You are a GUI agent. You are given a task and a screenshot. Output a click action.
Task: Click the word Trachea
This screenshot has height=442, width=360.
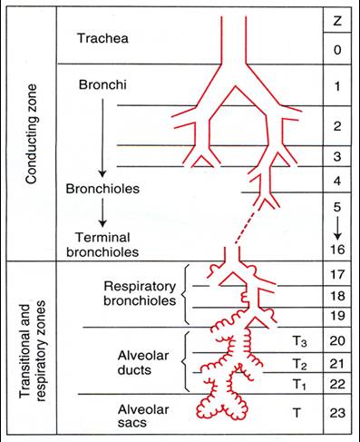coord(102,38)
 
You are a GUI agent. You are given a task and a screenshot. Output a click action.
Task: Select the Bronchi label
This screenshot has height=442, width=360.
coord(102,84)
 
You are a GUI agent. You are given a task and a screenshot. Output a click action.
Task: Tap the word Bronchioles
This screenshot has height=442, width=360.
coord(102,189)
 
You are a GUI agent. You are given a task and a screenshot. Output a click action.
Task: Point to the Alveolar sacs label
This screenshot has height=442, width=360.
coord(143,416)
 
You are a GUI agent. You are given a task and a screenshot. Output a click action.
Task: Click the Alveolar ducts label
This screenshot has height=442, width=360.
coord(143,362)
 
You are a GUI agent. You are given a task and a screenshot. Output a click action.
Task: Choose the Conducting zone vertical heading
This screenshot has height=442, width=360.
coord(32,134)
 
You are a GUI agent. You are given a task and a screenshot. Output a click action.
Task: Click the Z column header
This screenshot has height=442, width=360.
coord(337,21)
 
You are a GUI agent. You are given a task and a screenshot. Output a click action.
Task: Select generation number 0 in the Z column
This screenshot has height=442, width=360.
coord(337,50)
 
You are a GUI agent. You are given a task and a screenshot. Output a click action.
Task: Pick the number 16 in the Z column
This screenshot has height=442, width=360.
coord(337,250)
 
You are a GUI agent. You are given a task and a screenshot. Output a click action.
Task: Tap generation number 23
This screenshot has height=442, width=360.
coord(337,413)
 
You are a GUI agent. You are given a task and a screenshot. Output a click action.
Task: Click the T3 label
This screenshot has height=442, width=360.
coord(299,341)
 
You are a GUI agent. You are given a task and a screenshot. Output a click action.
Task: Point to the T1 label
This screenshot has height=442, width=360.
coord(299,385)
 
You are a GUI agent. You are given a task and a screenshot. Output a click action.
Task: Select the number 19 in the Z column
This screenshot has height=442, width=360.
coord(337,316)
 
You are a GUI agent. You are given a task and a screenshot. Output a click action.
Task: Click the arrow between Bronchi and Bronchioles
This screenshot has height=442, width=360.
coord(102,138)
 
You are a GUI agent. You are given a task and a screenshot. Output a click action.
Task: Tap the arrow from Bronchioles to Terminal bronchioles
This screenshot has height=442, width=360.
coord(102,212)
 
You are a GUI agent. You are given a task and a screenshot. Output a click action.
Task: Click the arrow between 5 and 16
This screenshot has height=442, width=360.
coord(337,227)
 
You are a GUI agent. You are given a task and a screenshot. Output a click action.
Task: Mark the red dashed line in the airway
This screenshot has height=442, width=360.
coord(247,226)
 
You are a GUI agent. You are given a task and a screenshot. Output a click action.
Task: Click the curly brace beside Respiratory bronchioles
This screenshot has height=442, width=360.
coord(186,294)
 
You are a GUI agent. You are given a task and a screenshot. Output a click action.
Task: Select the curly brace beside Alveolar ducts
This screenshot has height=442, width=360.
coord(186,361)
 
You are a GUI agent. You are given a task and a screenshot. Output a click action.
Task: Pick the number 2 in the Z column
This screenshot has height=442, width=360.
coord(337,126)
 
